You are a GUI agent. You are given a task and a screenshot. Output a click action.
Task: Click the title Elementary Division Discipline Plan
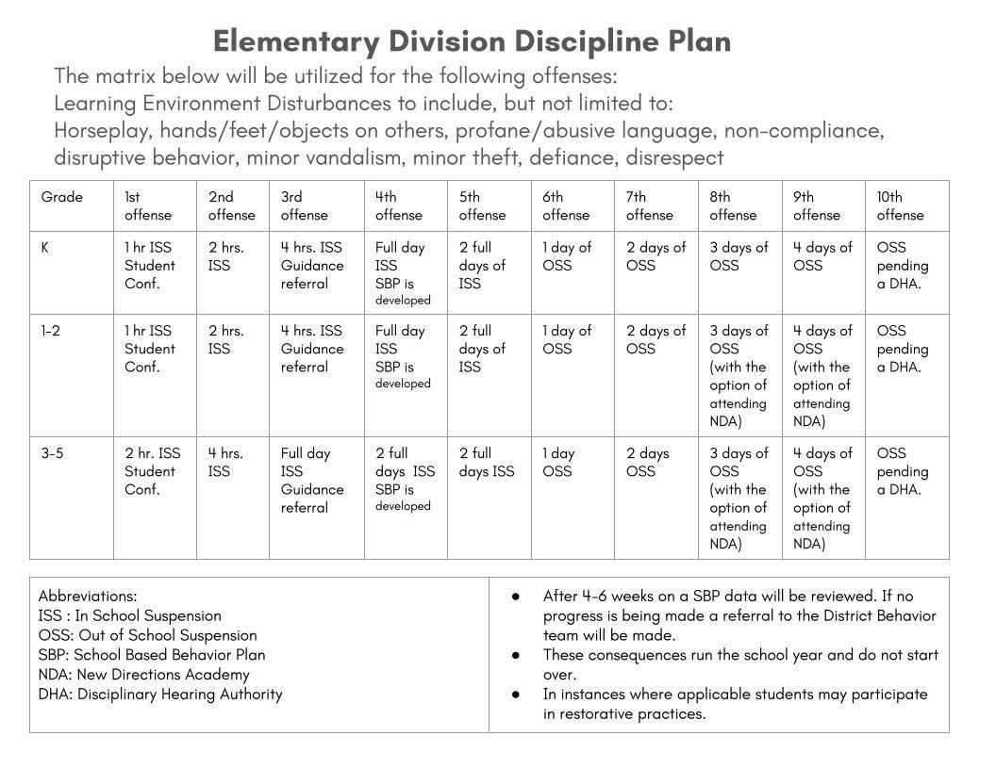pos(472,41)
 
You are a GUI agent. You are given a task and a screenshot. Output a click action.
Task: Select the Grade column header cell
pos(62,197)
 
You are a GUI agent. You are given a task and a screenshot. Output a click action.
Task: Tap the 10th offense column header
pos(901,205)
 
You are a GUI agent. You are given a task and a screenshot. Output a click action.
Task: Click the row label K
pos(45,248)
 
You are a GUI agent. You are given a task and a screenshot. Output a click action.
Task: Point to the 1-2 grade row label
pos(51,331)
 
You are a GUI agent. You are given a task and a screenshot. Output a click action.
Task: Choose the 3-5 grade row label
pos(52,453)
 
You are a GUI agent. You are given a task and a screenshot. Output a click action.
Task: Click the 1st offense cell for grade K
pos(150,265)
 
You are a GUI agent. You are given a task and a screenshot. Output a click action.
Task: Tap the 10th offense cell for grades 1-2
pos(903,349)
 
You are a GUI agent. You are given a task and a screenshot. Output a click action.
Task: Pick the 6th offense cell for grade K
pos(567,256)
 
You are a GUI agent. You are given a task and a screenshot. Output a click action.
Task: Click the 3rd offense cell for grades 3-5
pos(312,480)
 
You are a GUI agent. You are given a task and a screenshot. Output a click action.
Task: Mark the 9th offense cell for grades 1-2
pos(822,375)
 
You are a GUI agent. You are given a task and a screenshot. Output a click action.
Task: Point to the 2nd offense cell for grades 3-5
pos(226,462)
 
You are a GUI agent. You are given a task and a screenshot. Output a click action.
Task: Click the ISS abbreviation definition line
pos(130,615)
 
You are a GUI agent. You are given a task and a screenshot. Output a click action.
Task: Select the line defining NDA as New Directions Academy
pos(143,674)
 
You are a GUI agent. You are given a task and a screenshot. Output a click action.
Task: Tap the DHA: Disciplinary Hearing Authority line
pos(160,694)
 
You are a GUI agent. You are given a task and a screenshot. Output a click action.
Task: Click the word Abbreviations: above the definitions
pos(88,596)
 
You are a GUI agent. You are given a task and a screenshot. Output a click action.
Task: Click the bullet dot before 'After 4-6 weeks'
pos(515,597)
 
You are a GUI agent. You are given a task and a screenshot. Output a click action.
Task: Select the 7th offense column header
pos(650,205)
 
